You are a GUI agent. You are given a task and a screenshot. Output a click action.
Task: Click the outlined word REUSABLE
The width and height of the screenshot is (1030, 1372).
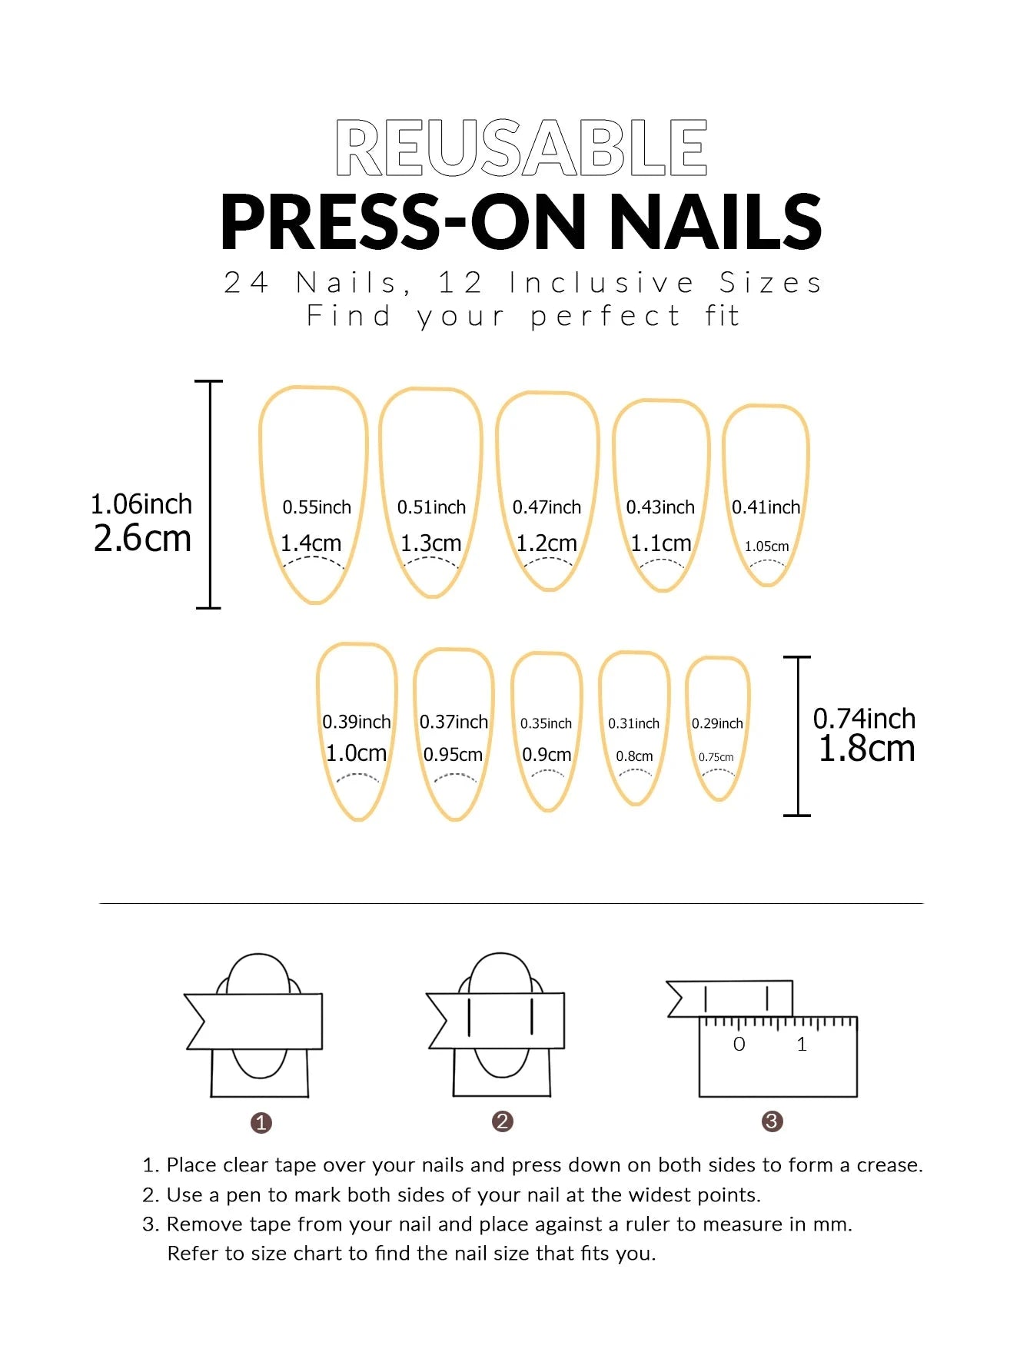coord(521,148)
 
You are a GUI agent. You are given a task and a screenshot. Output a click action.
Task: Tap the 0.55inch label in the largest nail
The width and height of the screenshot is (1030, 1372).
coord(316,507)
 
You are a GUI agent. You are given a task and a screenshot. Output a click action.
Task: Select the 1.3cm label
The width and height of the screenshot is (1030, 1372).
coord(430,543)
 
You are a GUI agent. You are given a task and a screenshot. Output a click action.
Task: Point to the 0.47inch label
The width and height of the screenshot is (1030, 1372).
coord(547,507)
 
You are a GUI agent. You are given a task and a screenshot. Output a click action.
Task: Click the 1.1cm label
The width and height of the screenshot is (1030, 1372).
coord(660,543)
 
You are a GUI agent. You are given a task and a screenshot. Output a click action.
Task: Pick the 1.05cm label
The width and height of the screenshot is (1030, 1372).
coord(766,546)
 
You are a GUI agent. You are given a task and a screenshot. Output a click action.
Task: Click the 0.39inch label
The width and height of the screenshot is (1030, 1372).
coord(356,722)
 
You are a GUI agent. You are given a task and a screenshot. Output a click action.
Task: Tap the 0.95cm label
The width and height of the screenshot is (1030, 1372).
coord(453,755)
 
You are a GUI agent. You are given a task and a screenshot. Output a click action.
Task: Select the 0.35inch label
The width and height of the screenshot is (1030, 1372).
coord(546,723)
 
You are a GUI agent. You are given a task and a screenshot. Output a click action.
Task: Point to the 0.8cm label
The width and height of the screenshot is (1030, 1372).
coord(634,756)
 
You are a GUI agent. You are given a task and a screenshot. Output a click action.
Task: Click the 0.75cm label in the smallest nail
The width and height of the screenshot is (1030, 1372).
coord(716,757)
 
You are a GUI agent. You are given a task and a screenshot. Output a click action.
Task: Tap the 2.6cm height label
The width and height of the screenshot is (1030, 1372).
coord(142,538)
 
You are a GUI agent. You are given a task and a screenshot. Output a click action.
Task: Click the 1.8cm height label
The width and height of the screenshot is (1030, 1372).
coord(866,749)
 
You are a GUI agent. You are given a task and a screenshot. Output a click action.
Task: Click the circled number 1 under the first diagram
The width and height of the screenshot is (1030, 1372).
coord(261,1123)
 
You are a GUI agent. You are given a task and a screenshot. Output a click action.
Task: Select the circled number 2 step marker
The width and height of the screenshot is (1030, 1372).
coord(502,1121)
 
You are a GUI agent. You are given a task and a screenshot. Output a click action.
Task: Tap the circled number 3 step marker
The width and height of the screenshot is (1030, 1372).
coord(772,1121)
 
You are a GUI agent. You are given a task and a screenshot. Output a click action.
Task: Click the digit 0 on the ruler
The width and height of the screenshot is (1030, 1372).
coord(739,1045)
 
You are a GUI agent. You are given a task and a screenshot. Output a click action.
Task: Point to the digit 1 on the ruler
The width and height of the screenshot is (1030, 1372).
coord(802,1045)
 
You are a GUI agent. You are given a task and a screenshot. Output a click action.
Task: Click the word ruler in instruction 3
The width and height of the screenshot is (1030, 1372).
coord(634,1224)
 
